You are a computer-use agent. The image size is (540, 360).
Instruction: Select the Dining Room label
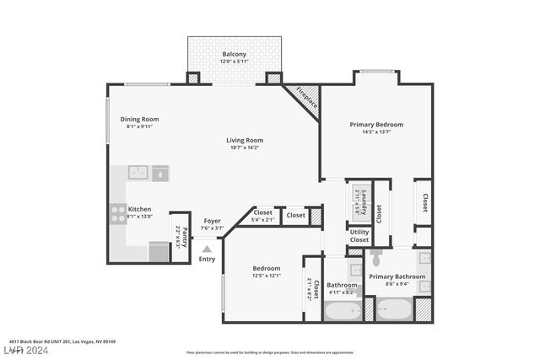(139, 119)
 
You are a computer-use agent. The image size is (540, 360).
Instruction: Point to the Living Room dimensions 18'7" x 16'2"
(244, 148)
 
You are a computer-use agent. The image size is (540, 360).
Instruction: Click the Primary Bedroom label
(376, 125)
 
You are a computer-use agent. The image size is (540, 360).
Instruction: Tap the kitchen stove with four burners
(116, 214)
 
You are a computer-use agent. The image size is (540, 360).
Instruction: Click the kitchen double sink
(148, 172)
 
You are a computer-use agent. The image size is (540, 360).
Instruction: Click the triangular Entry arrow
(207, 249)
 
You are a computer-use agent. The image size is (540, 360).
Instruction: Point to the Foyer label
(212, 221)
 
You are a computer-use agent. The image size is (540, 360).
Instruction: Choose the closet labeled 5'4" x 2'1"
(263, 216)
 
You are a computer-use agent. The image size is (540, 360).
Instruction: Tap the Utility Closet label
(359, 236)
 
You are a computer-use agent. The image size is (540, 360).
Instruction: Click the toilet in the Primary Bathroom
(376, 255)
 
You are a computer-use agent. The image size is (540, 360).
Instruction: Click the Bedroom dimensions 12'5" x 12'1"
(266, 276)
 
